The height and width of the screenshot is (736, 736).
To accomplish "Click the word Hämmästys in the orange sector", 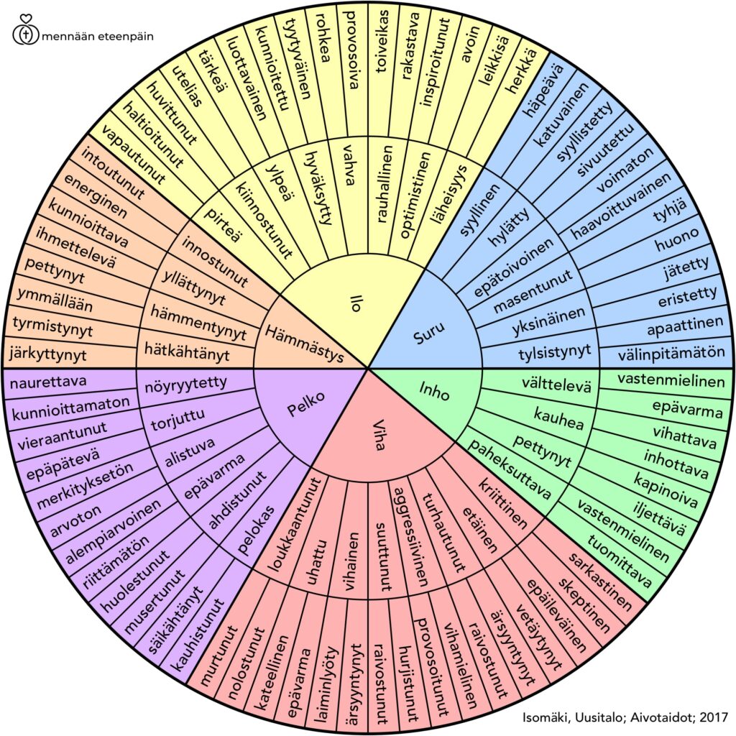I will coord(303,344).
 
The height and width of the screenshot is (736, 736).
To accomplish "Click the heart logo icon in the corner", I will coord(25,33).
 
